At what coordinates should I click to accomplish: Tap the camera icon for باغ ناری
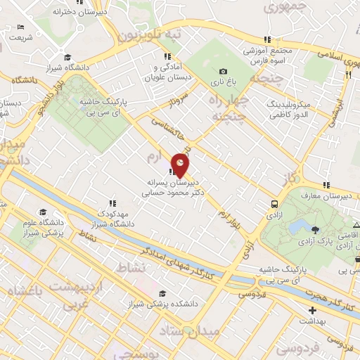click(x=223, y=71)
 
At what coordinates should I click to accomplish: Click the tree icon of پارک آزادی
click(x=314, y=229)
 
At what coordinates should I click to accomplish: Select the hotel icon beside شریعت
click(x=19, y=27)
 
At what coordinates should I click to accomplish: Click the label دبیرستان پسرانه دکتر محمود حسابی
click(x=173, y=185)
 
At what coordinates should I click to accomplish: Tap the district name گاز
click(x=290, y=177)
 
